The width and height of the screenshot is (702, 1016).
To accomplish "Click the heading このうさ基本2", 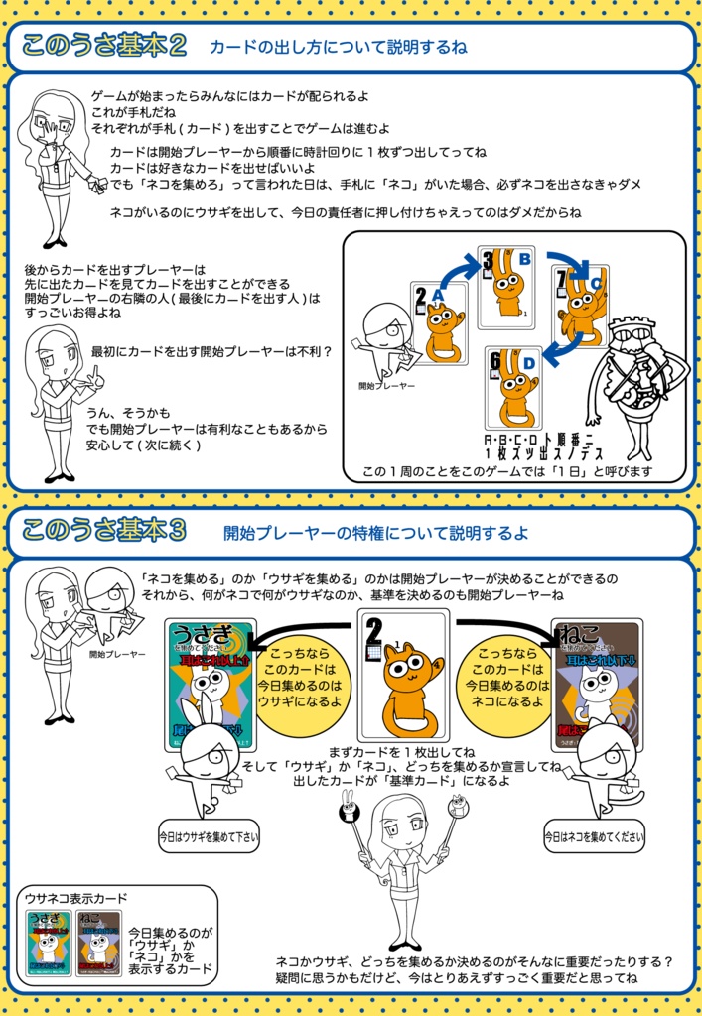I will (x=104, y=46).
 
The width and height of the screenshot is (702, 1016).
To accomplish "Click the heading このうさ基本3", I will (x=104, y=531).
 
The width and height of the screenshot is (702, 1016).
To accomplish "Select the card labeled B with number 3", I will (x=505, y=288).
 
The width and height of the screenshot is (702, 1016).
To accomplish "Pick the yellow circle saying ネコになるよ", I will (x=507, y=685).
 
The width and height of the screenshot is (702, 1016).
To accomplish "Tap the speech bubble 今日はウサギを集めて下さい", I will (x=209, y=836).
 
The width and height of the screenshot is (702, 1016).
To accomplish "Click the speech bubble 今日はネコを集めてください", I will (x=594, y=836).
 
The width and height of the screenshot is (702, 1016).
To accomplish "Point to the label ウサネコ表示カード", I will (x=76, y=898).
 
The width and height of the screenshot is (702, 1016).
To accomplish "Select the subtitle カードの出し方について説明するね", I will (x=338, y=47).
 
